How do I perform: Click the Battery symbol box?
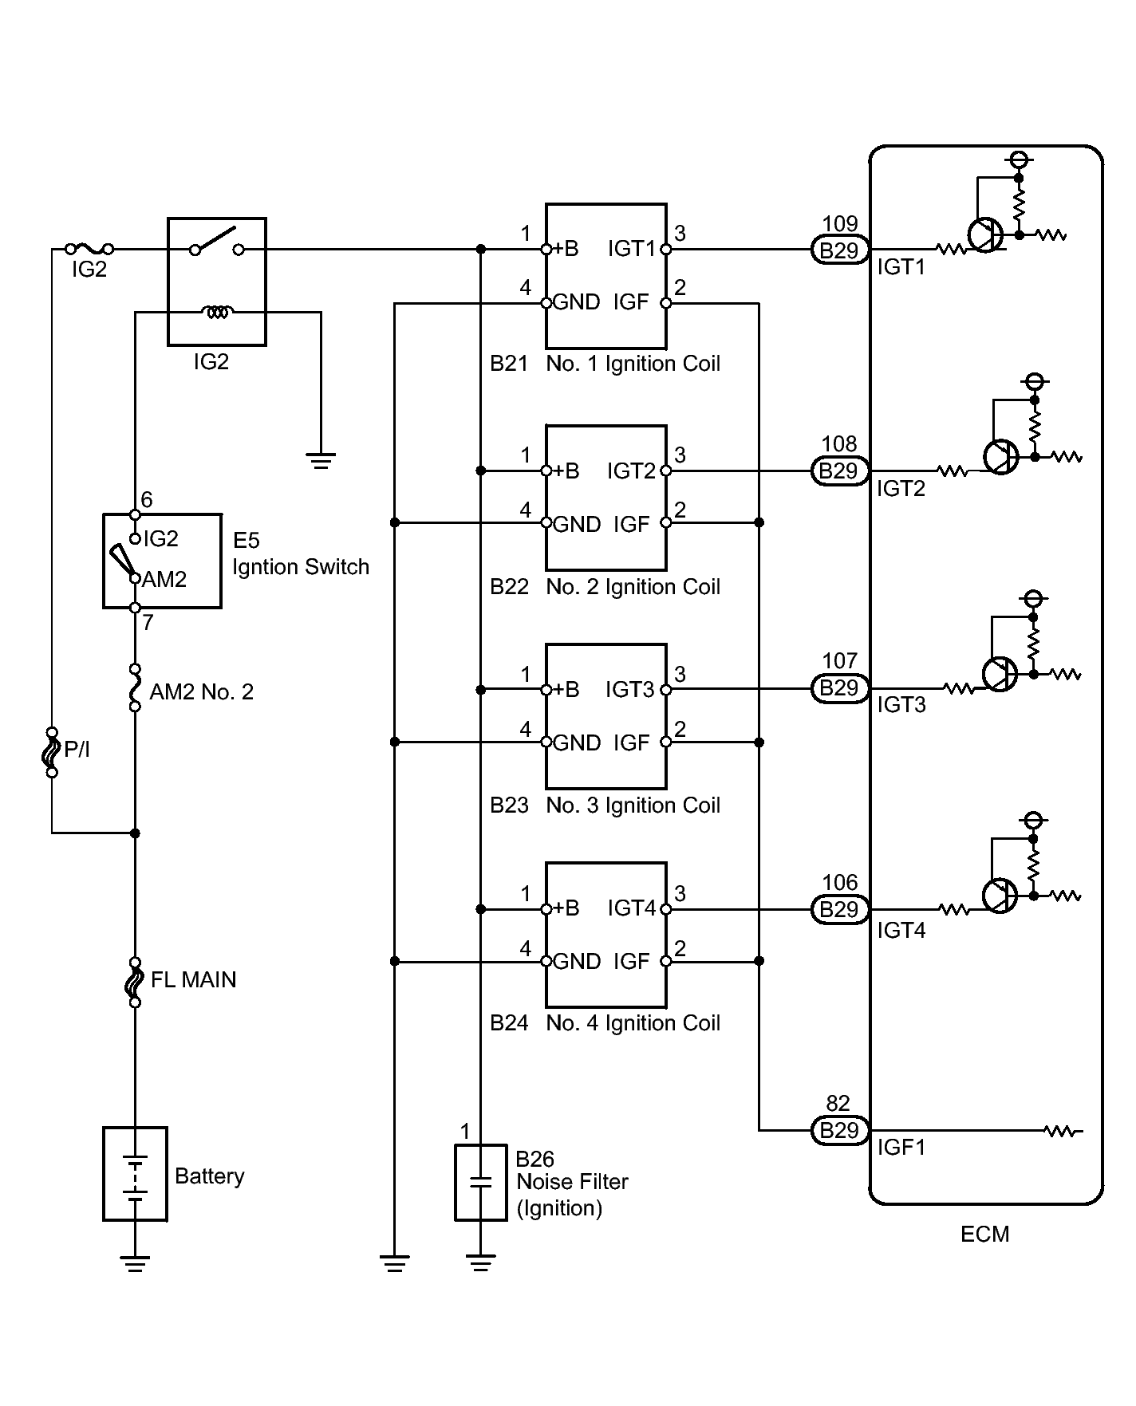(135, 1173)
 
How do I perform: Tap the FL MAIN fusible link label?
(194, 979)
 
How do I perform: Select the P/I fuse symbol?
(52, 752)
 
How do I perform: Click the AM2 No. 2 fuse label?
(202, 691)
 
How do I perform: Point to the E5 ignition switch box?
(162, 561)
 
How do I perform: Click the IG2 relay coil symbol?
(216, 312)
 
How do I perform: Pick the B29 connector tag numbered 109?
(839, 250)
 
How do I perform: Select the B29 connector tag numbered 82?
(839, 1130)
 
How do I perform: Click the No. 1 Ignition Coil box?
(606, 276)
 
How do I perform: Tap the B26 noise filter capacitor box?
(480, 1183)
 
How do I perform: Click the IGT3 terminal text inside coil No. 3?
(630, 689)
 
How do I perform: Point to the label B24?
(509, 1023)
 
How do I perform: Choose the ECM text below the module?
(985, 1235)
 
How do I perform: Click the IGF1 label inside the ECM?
(901, 1148)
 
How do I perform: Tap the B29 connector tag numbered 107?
(839, 688)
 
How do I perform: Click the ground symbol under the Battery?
(135, 1263)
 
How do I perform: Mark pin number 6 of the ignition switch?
(147, 500)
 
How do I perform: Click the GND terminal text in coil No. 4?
(577, 962)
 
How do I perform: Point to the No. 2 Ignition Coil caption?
(633, 587)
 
